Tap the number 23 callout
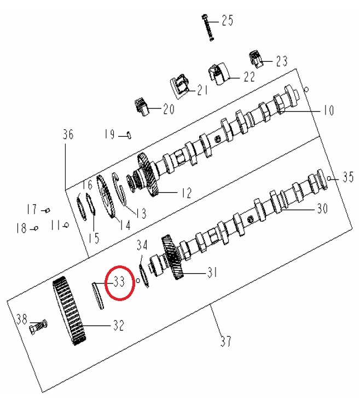point(281,60)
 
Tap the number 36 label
point(67,134)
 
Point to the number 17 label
point(32,209)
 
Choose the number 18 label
point(21,228)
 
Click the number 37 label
point(225,342)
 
